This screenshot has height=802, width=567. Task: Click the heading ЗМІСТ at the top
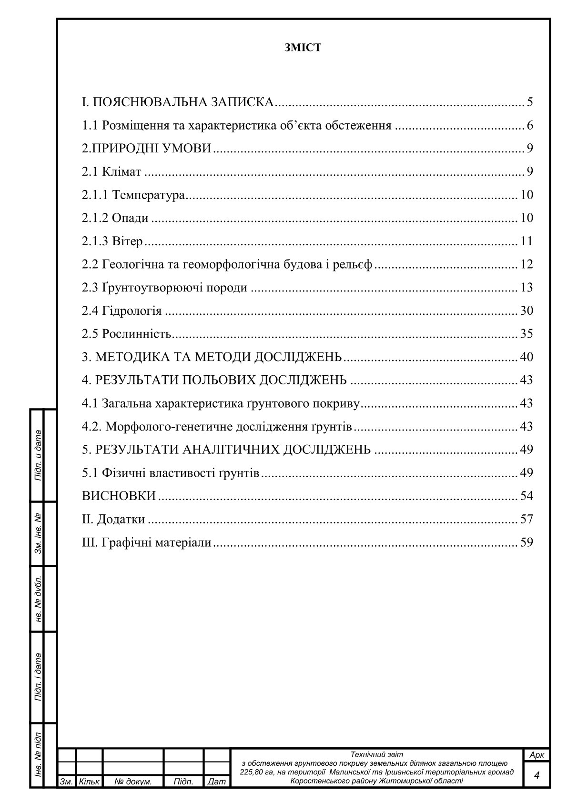click(x=303, y=48)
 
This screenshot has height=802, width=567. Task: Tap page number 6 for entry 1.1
click(x=529, y=126)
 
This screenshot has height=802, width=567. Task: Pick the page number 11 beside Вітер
click(x=526, y=241)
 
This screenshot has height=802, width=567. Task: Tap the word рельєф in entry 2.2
click(x=354, y=264)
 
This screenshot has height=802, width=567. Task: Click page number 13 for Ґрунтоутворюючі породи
click(x=526, y=288)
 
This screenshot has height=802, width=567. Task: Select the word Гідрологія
click(x=132, y=311)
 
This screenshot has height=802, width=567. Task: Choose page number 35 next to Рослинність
click(x=526, y=334)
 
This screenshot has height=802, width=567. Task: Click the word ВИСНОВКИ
click(x=119, y=496)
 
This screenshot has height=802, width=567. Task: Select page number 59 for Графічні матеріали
click(x=526, y=542)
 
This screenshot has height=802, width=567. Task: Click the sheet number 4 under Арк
click(x=537, y=775)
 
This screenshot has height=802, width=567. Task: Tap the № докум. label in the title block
click(x=133, y=782)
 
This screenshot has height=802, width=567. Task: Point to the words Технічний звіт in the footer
click(x=376, y=754)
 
